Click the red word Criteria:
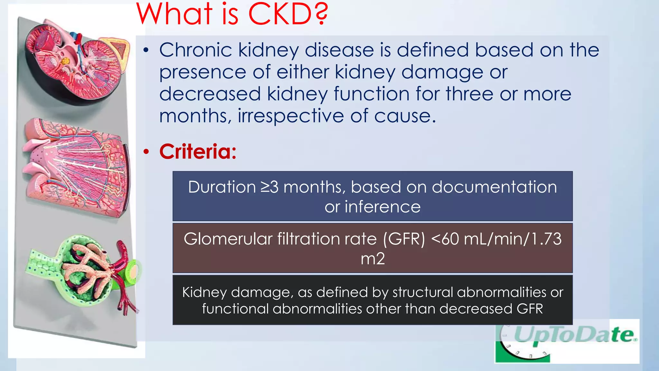(198, 151)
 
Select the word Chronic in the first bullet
(195, 50)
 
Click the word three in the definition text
(469, 94)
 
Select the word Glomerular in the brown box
(228, 239)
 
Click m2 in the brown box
(373, 259)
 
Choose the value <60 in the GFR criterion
(445, 239)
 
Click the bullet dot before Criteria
(146, 151)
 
